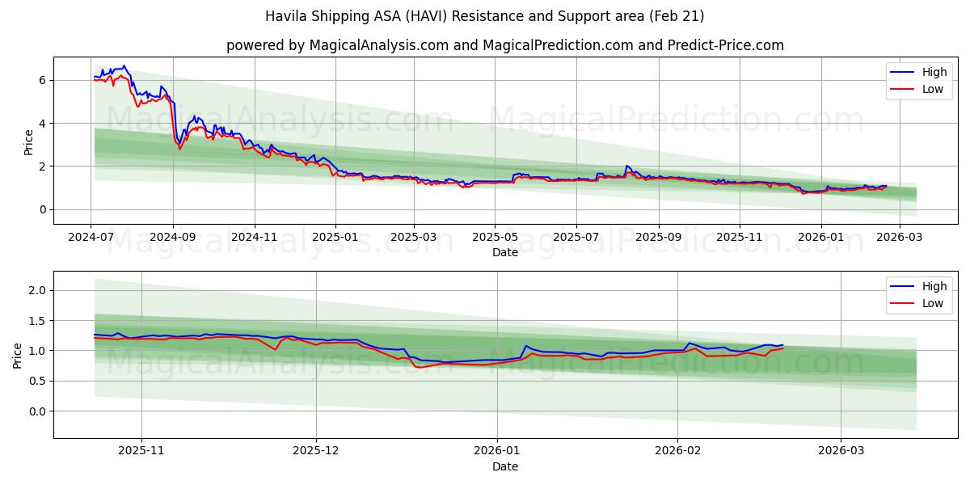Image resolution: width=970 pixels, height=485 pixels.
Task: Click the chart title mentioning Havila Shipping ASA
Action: click(x=485, y=16)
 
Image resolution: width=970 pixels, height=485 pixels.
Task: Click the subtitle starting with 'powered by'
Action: click(x=504, y=45)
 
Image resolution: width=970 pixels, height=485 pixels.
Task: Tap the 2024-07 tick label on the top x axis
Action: click(x=91, y=238)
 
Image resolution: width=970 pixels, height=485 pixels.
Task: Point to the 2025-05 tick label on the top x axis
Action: click(x=495, y=238)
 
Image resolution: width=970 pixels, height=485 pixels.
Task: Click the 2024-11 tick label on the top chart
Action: click(x=255, y=238)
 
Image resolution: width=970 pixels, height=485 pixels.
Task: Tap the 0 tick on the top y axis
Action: click(x=43, y=209)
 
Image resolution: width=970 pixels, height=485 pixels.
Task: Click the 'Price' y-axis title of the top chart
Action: click(x=28, y=141)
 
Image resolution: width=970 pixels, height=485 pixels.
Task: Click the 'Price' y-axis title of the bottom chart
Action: click(x=18, y=355)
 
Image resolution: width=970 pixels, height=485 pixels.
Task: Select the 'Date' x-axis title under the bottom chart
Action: click(x=504, y=466)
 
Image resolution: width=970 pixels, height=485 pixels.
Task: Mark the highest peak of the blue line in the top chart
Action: click(x=124, y=65)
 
